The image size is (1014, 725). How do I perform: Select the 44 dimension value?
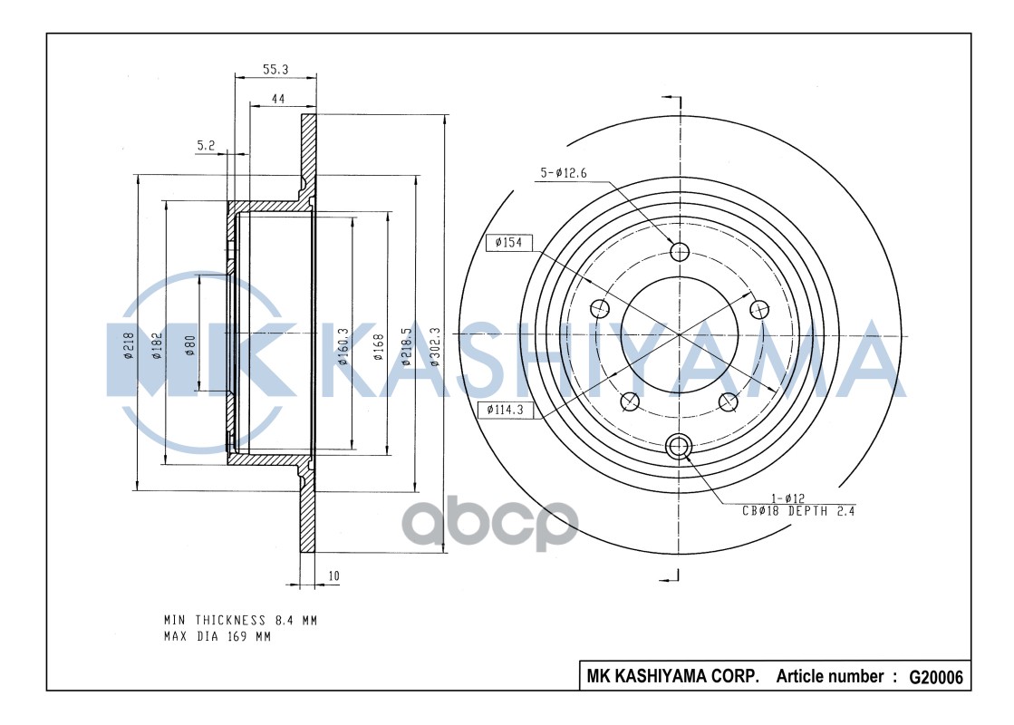point(280,100)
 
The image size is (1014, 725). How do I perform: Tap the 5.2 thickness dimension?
point(206,144)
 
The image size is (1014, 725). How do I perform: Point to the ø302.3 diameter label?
point(435,347)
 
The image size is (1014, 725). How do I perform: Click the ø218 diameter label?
point(129,347)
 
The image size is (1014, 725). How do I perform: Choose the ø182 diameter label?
point(157,347)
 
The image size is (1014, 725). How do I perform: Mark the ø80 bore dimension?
point(190,347)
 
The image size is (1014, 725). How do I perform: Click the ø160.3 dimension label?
point(343,347)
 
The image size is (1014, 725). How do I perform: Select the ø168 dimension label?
point(379,347)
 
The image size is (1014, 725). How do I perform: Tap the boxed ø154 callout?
point(508,243)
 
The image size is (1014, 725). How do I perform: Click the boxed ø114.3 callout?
point(506,410)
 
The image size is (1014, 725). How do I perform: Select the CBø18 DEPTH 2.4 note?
point(797,511)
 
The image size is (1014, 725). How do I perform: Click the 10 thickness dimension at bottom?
point(333,575)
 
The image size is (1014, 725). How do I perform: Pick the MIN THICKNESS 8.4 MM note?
point(240,621)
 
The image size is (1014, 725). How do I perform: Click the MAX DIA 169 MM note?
point(217,636)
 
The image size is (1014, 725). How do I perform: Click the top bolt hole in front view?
point(679,251)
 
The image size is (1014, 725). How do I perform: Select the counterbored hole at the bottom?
point(679,445)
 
